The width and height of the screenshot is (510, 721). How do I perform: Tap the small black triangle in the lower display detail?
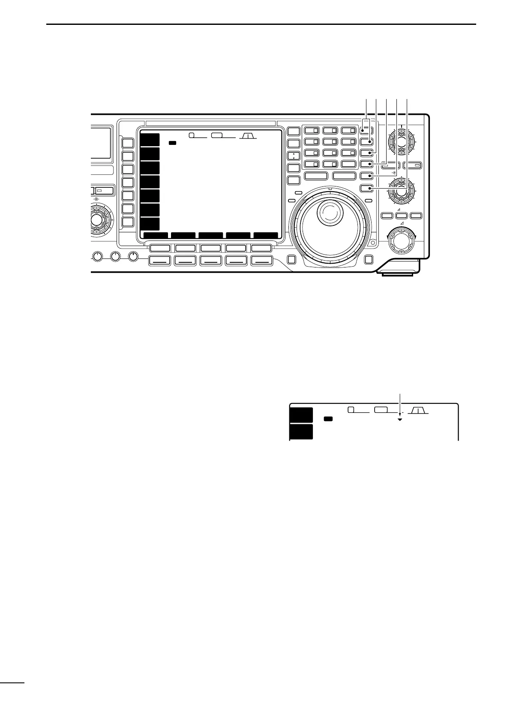click(399, 420)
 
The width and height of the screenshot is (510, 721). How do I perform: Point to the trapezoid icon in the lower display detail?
click(417, 411)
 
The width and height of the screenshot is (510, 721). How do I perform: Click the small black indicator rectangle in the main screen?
click(172, 143)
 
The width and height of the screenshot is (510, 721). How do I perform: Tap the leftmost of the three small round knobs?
click(98, 257)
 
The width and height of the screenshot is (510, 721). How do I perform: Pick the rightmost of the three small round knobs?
click(133, 257)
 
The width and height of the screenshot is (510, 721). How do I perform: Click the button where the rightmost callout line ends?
click(366, 188)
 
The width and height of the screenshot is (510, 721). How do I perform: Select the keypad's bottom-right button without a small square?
click(349, 164)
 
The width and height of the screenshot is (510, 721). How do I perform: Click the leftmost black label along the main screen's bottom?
click(156, 235)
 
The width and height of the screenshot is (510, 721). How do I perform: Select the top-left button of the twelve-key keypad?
click(311, 130)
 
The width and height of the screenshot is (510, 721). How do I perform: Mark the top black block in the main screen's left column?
click(150, 140)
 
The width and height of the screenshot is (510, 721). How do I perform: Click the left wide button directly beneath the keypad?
click(315, 175)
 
